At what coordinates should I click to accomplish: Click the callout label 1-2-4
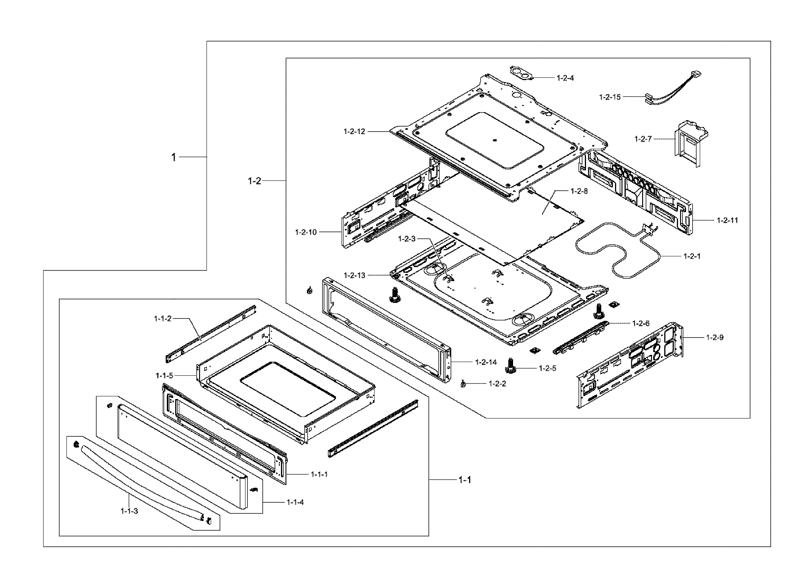coord(565,78)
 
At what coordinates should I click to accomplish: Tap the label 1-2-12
coord(354,131)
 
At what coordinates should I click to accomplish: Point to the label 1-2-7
coord(643,139)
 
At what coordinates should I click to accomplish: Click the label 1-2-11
coord(727,220)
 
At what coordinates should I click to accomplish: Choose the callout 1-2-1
coord(692,256)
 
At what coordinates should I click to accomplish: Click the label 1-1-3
coord(129,511)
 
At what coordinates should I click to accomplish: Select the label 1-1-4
coord(295,502)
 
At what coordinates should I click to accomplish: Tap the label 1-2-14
coord(486,362)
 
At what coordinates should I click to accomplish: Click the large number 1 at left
coord(174,157)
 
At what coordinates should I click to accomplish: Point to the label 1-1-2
coord(163,318)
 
